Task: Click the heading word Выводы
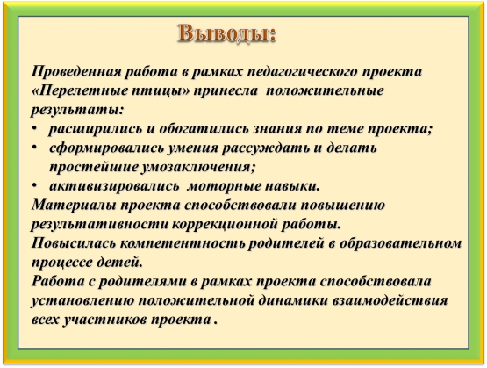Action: click(226, 33)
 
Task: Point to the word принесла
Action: click(226, 91)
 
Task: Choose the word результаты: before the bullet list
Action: click(77, 111)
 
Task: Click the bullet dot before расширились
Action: click(34, 128)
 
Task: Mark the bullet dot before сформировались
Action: click(34, 148)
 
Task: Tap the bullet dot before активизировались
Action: click(34, 186)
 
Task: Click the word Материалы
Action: click(75, 206)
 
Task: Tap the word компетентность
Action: click(183, 243)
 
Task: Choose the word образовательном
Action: click(400, 243)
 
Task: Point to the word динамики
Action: click(295, 301)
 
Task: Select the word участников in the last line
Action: click(105, 321)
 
